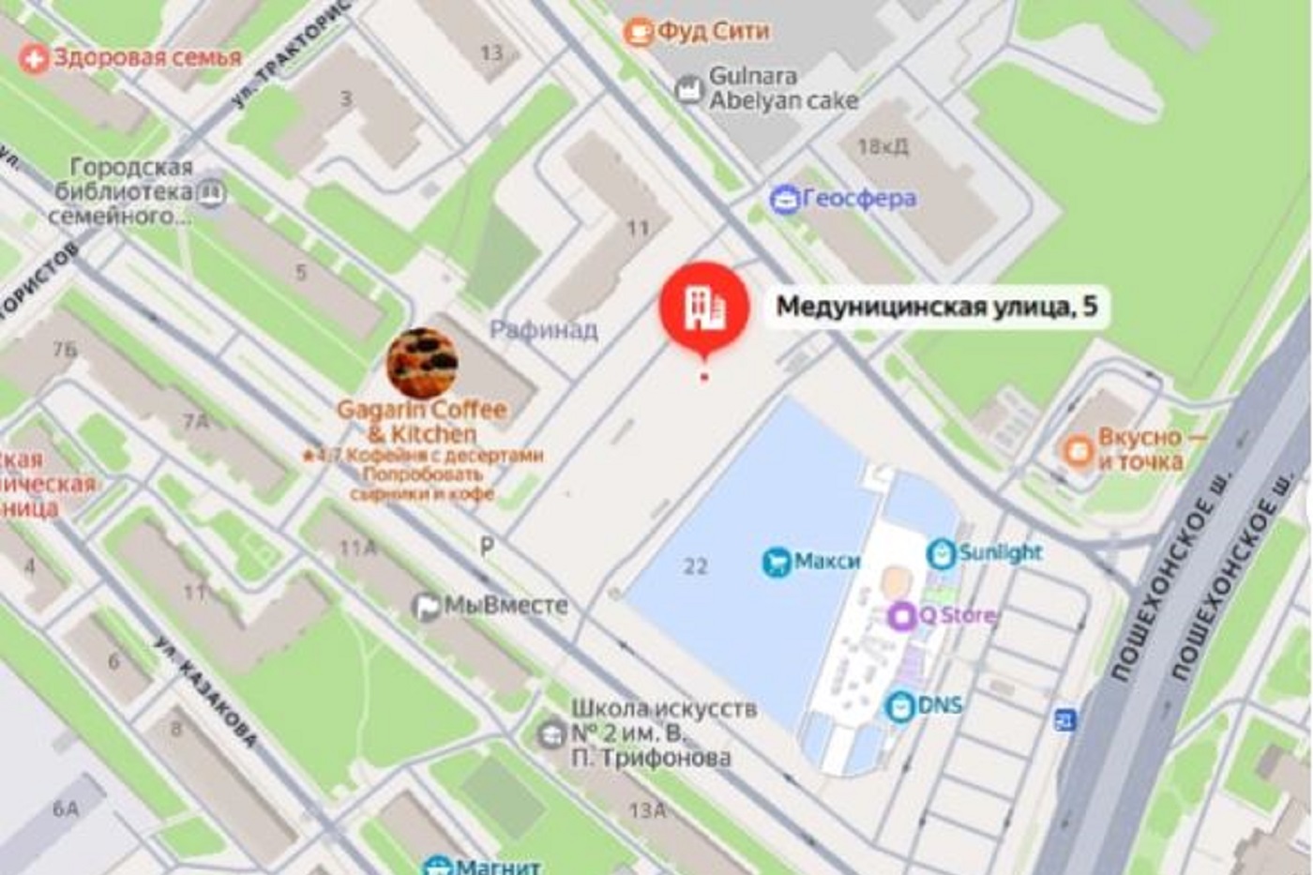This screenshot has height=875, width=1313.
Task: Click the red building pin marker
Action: tap(703, 307)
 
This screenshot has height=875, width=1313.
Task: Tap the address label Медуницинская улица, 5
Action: tap(936, 307)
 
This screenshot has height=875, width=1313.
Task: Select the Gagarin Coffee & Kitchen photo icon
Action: tap(422, 363)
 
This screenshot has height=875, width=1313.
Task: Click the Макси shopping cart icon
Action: tap(777, 562)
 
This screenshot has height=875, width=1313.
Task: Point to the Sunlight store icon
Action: tap(941, 553)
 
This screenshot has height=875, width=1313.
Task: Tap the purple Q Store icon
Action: tap(901, 616)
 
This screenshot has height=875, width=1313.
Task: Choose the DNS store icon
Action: tap(900, 706)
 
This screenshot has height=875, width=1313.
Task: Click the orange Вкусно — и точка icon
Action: tap(1078, 450)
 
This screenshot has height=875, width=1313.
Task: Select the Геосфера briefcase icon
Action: tap(784, 199)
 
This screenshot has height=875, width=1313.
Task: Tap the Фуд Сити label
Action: tap(713, 31)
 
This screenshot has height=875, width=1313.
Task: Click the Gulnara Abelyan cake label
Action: tap(783, 88)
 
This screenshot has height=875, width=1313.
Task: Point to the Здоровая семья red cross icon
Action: tap(34, 59)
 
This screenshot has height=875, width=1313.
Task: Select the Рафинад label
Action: tap(543, 329)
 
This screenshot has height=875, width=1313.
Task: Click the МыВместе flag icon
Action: tap(427, 607)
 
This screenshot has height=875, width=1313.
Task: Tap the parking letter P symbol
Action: tap(487, 546)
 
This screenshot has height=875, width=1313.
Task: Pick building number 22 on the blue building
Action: tap(695, 566)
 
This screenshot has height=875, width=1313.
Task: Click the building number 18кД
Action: tap(883, 146)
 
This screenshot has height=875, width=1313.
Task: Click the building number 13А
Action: tap(647, 809)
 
